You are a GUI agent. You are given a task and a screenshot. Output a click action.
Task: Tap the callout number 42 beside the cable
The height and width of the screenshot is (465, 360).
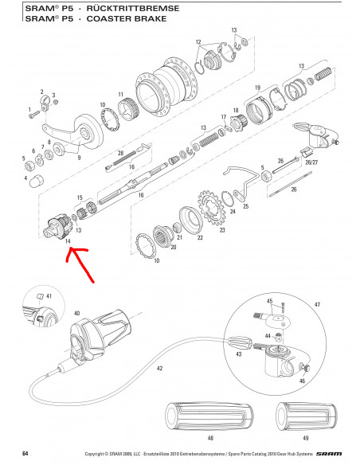160,368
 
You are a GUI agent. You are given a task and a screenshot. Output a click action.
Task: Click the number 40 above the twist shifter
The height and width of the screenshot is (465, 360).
77,313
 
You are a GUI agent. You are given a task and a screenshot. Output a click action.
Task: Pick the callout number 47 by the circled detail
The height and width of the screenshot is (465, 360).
316,305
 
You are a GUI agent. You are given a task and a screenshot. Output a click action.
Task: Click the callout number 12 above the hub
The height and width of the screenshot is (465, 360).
198,41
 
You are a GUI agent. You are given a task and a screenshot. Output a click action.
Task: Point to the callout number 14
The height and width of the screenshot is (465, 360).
68,240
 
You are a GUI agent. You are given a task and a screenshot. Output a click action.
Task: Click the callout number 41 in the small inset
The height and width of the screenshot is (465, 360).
49,295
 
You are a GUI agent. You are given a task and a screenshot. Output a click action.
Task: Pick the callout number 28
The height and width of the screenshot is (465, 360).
120,153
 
